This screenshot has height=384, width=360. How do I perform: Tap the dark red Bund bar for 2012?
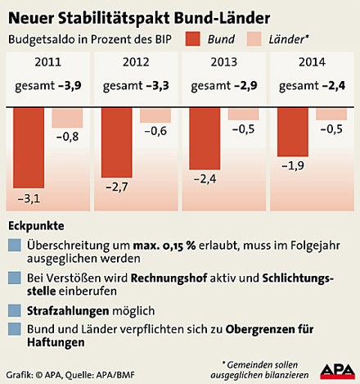tap(117, 143)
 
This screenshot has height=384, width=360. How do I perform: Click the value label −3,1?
tap(29, 199)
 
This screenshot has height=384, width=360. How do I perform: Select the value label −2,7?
tap(117, 187)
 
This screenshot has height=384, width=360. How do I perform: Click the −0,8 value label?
tap(68, 137)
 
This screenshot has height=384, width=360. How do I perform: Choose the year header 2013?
tap(224, 62)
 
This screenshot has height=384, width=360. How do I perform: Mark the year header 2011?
tap(47, 62)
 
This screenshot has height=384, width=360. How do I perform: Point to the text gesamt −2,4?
tap(312, 85)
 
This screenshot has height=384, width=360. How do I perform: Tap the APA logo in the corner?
tap(335, 370)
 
